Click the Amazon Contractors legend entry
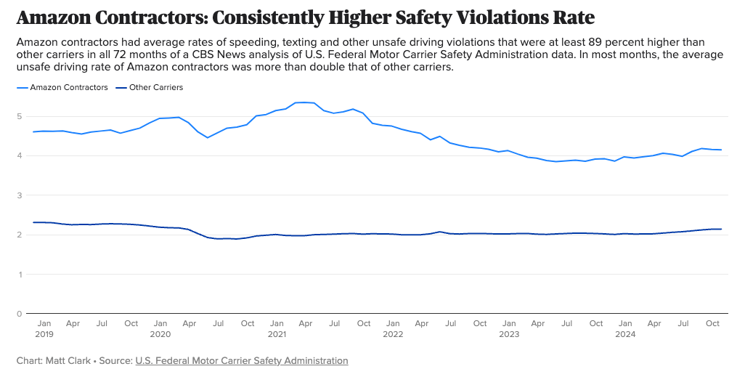point(66,88)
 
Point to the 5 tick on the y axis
point(20,116)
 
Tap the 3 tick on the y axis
point(20,195)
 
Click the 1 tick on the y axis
point(20,275)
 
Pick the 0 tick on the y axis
point(20,314)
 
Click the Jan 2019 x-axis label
point(44,328)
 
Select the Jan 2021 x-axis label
point(277,328)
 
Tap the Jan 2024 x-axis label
point(625,328)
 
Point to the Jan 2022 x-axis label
point(393,328)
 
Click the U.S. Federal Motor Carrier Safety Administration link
point(242,361)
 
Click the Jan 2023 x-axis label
point(509,328)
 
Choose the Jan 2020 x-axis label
point(160,328)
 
